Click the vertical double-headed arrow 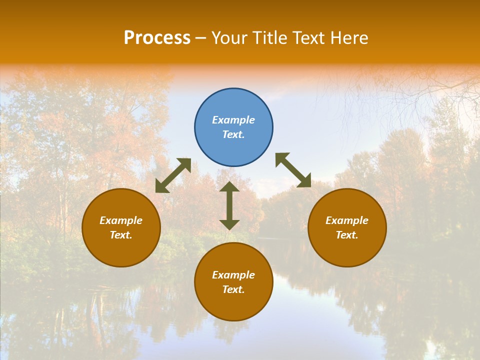(x=229, y=205)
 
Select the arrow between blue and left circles (x=173, y=175)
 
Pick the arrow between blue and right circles (x=293, y=170)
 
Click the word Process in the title (x=157, y=38)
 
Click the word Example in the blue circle (x=233, y=120)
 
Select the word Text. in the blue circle (x=233, y=134)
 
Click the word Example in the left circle (x=121, y=220)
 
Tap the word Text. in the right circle (x=347, y=235)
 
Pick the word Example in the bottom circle (x=233, y=275)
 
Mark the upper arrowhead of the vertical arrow (x=229, y=187)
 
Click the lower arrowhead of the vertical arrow (x=229, y=224)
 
